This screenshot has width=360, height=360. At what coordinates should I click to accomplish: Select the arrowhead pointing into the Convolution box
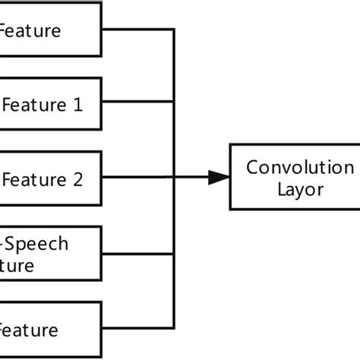tap(219, 178)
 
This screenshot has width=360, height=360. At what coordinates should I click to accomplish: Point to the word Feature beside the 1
tap(34, 106)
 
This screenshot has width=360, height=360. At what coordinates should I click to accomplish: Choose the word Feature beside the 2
tap(34, 180)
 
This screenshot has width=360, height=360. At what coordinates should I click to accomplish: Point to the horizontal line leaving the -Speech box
tap(138, 253)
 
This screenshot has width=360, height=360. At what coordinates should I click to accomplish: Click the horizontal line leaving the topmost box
tap(138, 29)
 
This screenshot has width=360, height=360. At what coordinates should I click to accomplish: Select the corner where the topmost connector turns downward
tap(175, 29)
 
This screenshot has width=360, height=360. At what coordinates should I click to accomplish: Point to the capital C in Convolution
tap(251, 167)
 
